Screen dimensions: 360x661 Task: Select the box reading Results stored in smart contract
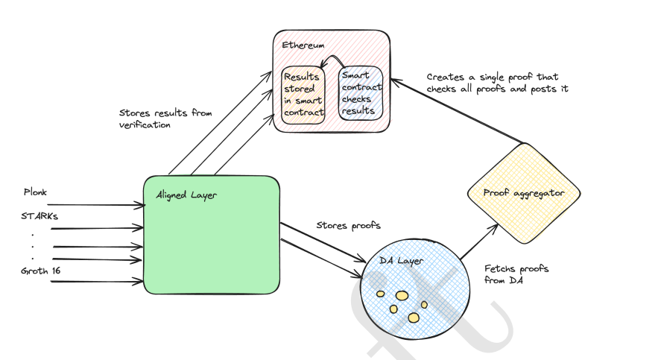pyautogui.click(x=303, y=95)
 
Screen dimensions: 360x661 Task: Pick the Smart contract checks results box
pyautogui.click(x=361, y=93)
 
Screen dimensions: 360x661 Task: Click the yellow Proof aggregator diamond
pyautogui.click(x=524, y=193)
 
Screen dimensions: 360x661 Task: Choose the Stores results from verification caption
pyautogui.click(x=165, y=119)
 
